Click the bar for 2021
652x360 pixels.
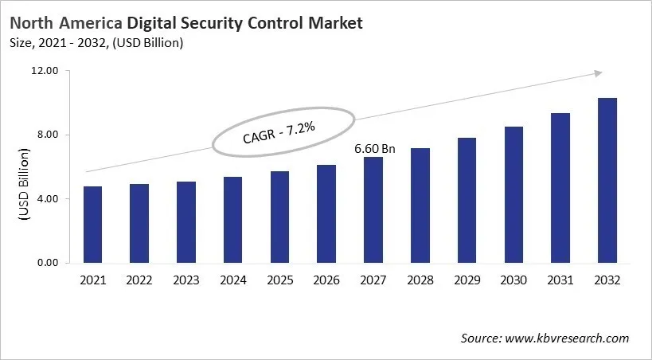tap(92, 225)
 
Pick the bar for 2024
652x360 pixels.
tap(232, 220)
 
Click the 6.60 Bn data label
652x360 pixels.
tap(373, 148)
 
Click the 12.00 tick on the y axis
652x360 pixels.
tap(45, 71)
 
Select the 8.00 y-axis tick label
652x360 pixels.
tap(47, 135)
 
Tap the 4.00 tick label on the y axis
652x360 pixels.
tap(47, 198)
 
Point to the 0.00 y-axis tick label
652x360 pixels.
tap(47, 263)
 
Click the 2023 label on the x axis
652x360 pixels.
tap(185, 280)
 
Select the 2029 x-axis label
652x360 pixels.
tap(467, 280)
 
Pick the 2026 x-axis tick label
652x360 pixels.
tap(326, 280)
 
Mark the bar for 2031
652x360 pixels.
tap(560, 188)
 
